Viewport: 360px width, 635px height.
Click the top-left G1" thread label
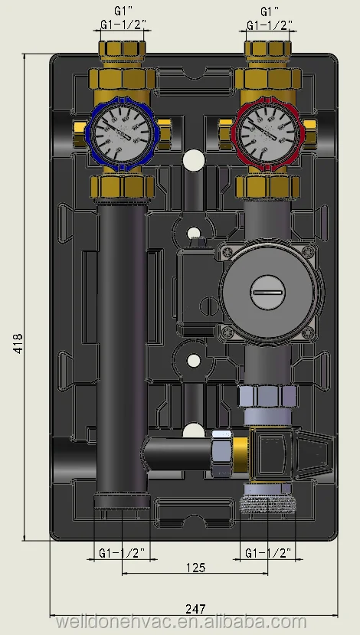121,11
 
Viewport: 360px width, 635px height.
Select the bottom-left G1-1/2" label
122,552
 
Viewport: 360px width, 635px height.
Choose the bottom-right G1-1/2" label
268,552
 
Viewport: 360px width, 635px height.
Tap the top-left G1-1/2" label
122,26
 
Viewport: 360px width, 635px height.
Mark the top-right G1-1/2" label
268,26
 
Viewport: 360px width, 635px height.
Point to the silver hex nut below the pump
267,397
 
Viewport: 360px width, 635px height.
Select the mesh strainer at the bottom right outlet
268,500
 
